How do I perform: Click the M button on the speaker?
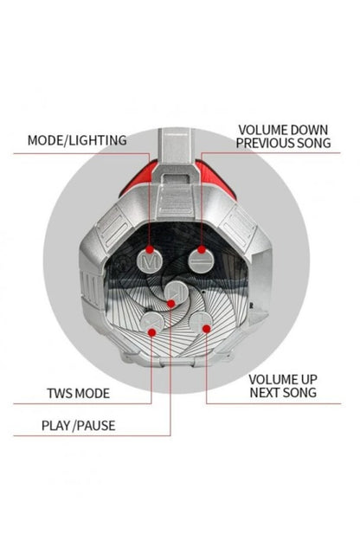tap(151, 261)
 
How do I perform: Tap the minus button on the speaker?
tap(201, 261)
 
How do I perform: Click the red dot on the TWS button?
tap(152, 332)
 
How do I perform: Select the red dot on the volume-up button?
tap(206, 329)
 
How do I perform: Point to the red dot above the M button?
tap(150, 249)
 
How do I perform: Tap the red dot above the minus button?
tap(202, 249)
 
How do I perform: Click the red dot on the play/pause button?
tap(170, 304)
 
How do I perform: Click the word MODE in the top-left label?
tap(45, 140)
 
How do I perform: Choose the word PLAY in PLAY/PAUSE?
tap(55, 426)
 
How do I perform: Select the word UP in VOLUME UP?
tap(306, 380)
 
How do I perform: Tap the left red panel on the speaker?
tap(138, 180)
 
